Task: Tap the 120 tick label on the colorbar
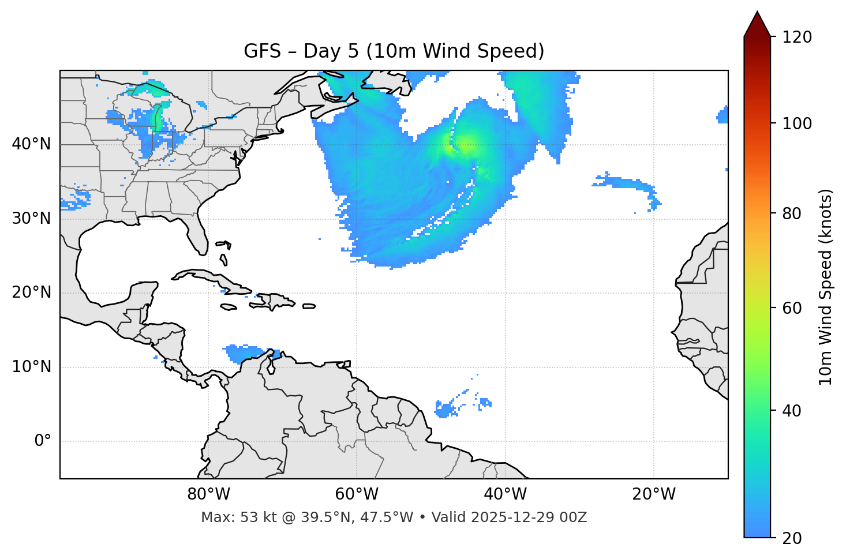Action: click(797, 37)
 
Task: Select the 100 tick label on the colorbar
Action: click(797, 123)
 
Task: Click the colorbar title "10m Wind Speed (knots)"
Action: click(826, 287)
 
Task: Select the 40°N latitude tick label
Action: click(31, 144)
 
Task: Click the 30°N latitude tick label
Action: click(31, 219)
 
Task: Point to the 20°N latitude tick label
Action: click(31, 292)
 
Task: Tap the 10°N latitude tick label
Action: click(31, 367)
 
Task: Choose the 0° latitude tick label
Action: click(43, 441)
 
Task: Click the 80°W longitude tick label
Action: click(208, 494)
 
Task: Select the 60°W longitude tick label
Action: click(357, 494)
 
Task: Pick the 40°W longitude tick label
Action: click(505, 494)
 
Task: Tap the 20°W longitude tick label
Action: click(653, 494)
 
